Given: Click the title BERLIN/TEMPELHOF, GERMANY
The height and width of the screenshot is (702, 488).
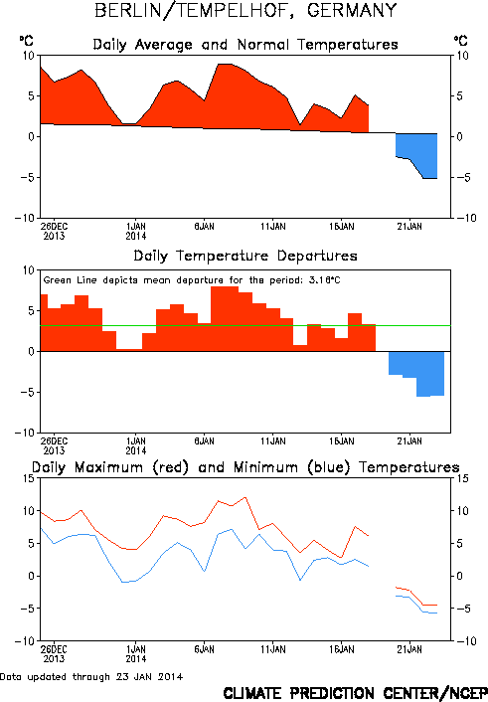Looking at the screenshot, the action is coord(245,11).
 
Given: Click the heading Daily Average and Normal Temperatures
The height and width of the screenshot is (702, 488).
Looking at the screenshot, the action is coord(245,45).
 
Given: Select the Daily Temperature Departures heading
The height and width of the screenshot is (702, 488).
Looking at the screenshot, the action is coord(245,257).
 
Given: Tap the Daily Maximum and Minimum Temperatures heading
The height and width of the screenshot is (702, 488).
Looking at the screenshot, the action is coord(245,467).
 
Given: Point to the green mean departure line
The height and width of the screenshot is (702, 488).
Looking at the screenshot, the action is coord(245,325).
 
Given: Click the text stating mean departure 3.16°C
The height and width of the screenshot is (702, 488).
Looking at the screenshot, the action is coord(192,280).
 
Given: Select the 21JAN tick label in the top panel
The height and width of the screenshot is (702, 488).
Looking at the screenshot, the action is coord(409,227).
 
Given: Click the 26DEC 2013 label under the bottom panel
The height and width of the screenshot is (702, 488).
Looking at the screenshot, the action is coord(54,653).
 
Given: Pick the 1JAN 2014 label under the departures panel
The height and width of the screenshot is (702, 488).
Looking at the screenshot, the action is coord(135,445).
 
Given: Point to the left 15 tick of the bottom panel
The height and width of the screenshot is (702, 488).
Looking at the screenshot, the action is coord(29,478).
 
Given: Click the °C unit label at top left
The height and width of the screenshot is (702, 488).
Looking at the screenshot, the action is coord(26,41).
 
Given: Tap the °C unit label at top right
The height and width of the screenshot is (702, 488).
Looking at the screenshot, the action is coord(460,41).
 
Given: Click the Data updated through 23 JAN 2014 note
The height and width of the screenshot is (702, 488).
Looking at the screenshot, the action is coord(91,677).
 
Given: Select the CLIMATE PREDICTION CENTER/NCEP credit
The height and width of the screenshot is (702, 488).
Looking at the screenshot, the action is coord(356,693).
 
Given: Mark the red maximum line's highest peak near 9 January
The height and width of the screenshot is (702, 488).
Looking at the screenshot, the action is coord(244,497).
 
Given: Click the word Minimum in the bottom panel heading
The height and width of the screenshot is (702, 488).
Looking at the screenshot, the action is coord(265,467).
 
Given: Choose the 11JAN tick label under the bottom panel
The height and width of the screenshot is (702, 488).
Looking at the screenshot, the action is coord(273,649).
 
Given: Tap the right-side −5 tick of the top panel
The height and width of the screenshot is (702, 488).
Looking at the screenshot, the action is coord(461,177).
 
